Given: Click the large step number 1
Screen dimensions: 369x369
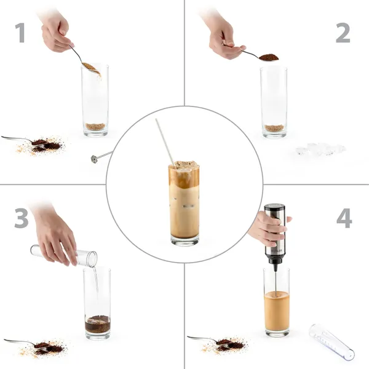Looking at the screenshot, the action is (x=20, y=33).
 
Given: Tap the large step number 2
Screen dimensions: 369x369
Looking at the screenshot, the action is (x=343, y=33).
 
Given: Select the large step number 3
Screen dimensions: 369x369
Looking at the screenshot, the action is (x=22, y=218).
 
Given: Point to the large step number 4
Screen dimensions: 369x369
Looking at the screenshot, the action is (x=344, y=218).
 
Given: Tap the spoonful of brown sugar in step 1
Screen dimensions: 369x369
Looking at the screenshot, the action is (x=91, y=68).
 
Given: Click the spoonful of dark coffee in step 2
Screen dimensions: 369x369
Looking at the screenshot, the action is (x=269, y=57).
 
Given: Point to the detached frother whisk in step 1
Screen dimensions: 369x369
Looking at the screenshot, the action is (x=101, y=157).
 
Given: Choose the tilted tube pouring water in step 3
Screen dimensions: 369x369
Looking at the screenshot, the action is (x=64, y=255).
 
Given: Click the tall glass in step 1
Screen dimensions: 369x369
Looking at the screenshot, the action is (x=95, y=100).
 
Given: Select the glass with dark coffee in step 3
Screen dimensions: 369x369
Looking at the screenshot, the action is (x=97, y=304).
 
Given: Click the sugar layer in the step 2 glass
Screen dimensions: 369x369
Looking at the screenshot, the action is (x=274, y=128).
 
